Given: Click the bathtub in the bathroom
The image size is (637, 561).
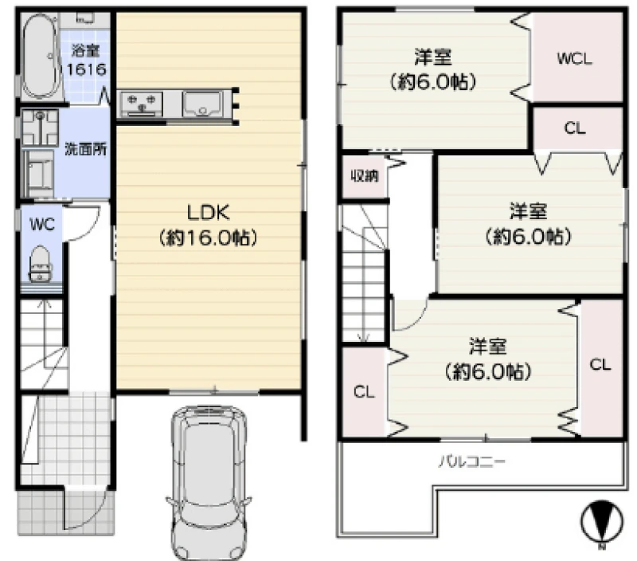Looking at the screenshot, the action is [x=41, y=56].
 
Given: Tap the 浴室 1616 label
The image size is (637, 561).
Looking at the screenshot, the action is [x=86, y=60].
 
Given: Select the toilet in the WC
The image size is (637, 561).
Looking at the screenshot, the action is [x=41, y=264].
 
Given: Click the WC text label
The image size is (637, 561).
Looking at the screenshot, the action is [x=42, y=224].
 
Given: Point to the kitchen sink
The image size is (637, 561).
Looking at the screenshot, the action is [x=202, y=104].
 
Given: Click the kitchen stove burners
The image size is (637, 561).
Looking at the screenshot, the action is [x=142, y=104].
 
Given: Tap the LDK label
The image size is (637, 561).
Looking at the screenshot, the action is [x=208, y=225].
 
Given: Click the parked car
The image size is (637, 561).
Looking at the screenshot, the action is [x=207, y=483].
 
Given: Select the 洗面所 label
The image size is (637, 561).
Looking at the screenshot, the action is [x=86, y=149].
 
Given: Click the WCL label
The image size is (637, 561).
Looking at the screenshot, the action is [x=574, y=59].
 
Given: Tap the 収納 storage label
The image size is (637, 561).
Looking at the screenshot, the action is [x=365, y=175].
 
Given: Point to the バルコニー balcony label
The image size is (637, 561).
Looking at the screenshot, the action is [x=472, y=462].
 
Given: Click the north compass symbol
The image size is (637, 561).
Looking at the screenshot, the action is [x=602, y=522].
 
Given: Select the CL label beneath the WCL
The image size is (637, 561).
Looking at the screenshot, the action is [x=574, y=128].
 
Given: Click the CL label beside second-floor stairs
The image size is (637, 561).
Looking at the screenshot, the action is [x=364, y=392].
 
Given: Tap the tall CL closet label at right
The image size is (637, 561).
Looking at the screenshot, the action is [x=600, y=364].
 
